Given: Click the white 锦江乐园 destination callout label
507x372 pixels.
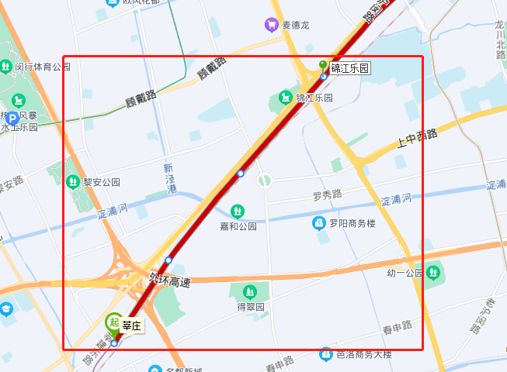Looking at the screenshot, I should (349, 68).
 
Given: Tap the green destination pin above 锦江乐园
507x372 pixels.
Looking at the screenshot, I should (323, 65).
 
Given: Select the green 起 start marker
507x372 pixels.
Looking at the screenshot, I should (113, 323).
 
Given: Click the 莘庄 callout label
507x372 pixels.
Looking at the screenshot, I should (132, 325).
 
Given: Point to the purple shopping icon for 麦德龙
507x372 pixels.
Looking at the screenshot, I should (272, 25).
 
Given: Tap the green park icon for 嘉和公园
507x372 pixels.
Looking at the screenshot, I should (238, 211).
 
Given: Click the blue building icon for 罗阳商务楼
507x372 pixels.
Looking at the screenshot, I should (318, 223).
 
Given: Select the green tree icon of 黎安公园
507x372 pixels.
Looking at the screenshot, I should (72, 182).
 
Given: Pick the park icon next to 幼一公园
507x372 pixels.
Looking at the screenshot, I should (432, 273).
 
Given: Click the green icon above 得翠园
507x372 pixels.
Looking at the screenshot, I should (250, 292).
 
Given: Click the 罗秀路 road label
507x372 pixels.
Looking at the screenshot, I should (327, 195).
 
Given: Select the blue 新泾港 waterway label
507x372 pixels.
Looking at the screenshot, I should (169, 179).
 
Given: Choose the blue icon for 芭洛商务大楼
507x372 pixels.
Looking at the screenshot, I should (326, 354).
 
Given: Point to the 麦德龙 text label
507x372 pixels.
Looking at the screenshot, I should (295, 25).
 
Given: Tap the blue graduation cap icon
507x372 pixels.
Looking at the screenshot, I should (6, 309).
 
